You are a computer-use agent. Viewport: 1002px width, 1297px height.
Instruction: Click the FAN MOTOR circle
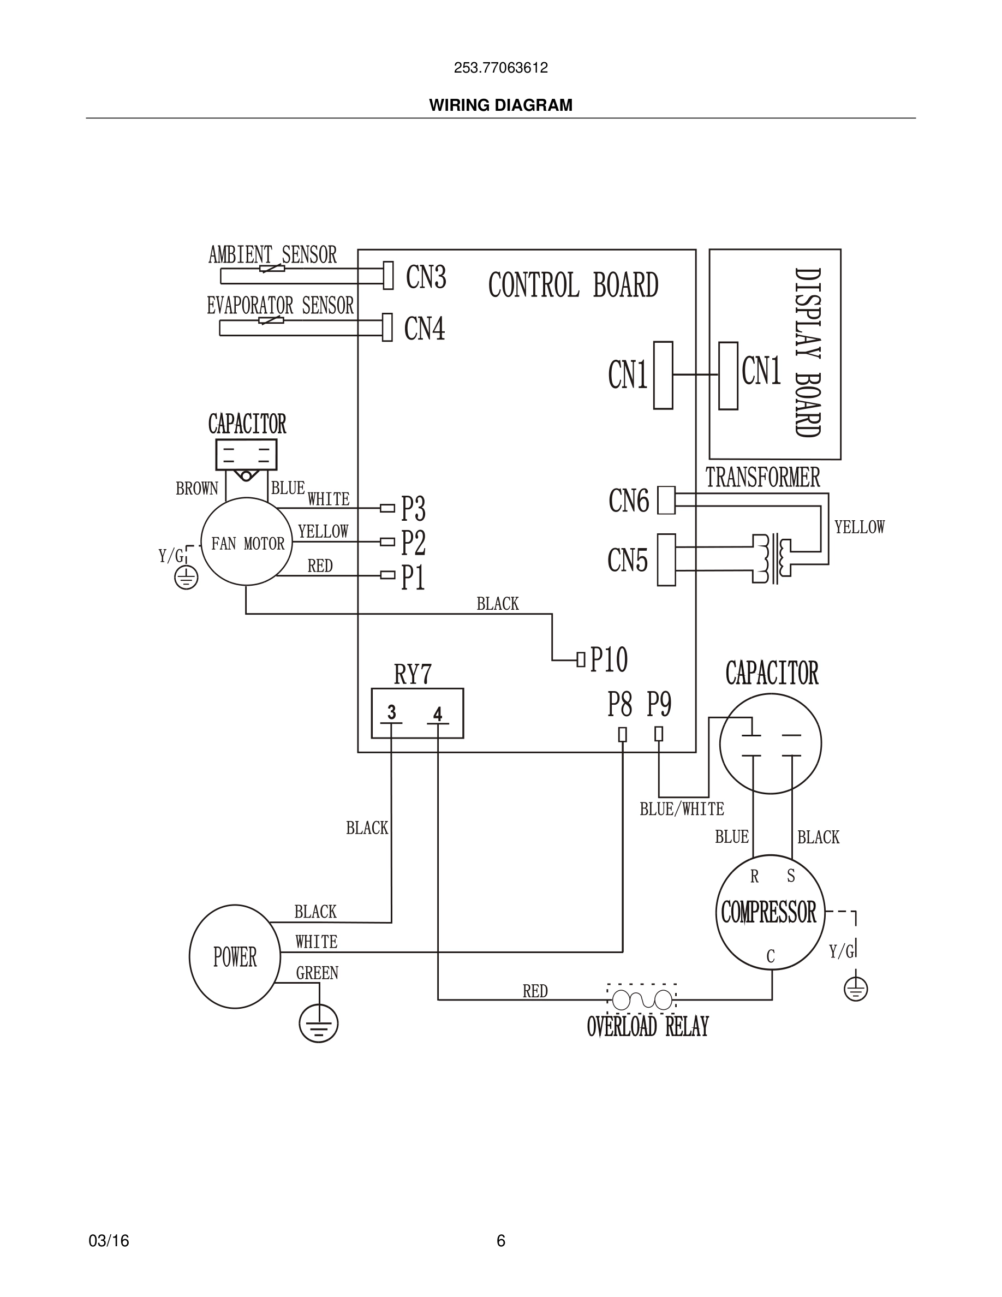tap(246, 542)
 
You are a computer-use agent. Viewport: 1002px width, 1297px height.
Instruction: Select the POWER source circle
tap(235, 957)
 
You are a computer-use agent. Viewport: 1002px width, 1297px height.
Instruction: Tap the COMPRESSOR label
tap(769, 912)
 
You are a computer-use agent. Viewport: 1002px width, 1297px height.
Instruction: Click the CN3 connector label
tap(426, 277)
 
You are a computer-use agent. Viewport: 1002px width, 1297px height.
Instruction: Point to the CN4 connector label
tap(425, 329)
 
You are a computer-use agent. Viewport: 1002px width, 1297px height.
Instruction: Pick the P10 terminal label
tap(609, 659)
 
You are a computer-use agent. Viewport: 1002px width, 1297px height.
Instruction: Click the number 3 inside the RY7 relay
tap(391, 712)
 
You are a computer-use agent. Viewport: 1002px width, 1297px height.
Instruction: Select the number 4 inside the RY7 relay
tap(438, 714)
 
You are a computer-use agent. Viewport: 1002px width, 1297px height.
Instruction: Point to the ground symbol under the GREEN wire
tap(318, 1025)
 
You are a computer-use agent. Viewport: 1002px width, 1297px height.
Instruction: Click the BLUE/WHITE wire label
tap(682, 809)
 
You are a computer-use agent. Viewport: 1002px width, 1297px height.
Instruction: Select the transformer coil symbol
tap(772, 558)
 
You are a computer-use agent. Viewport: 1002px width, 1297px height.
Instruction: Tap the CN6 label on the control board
tap(628, 501)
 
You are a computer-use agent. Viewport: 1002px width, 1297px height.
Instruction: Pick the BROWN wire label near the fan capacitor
tap(196, 489)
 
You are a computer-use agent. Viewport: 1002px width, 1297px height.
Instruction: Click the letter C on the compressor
tap(771, 956)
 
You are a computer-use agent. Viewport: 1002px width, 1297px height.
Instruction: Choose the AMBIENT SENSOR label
tap(272, 255)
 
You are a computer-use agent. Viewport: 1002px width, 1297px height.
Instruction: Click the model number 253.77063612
tap(500, 68)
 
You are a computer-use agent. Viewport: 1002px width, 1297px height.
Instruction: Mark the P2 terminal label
tap(413, 542)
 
